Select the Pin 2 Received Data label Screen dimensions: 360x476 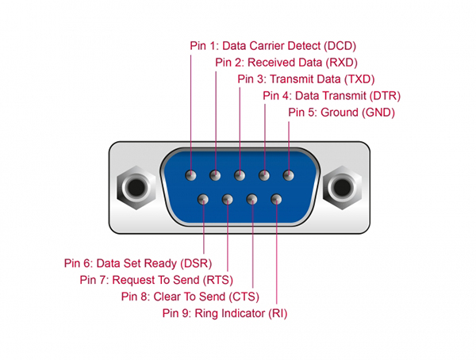(286, 62)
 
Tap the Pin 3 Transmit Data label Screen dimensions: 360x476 (305, 79)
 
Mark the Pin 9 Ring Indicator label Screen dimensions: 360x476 (225, 313)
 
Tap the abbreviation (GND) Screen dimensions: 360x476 (378, 113)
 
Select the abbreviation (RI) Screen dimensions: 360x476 (277, 313)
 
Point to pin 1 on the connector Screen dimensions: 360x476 (190, 174)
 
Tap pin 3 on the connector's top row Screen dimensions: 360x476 (240, 174)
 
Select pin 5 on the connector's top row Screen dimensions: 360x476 (288, 174)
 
